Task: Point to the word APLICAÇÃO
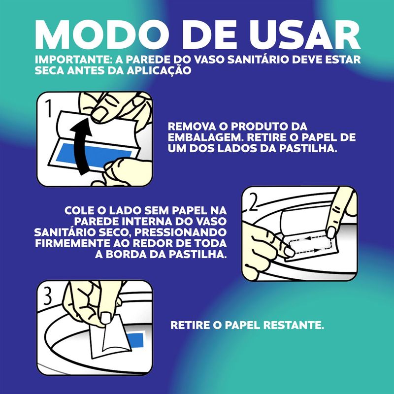click(159, 70)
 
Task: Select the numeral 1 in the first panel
click(49, 108)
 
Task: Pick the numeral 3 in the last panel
click(48, 296)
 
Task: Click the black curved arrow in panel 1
click(81, 148)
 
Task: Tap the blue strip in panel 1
click(94, 156)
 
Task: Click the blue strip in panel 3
click(137, 339)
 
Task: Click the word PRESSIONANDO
click(180, 232)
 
